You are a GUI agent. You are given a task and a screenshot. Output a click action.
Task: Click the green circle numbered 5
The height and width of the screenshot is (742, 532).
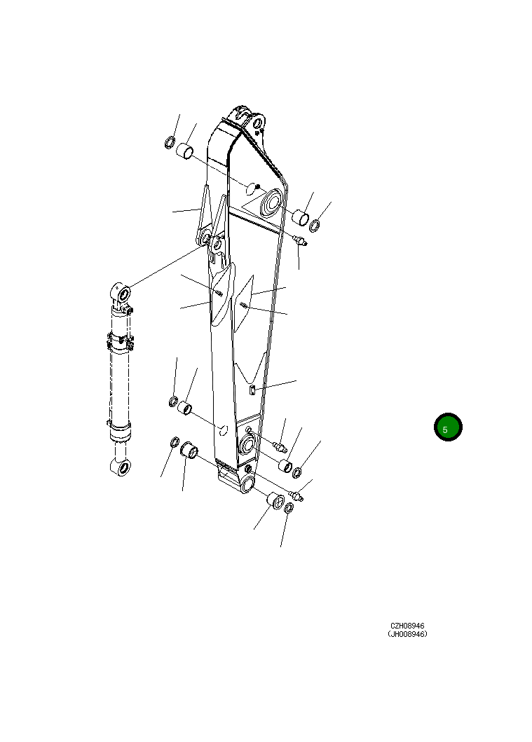click(x=448, y=427)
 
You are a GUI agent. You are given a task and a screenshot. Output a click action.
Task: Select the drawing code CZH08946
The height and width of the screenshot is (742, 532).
click(x=407, y=626)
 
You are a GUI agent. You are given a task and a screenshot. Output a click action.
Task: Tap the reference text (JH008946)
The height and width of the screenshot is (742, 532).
click(x=407, y=634)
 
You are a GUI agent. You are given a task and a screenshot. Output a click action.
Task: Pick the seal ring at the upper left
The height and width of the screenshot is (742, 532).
click(x=170, y=143)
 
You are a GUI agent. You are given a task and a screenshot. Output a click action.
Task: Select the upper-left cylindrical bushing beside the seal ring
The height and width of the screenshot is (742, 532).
click(x=184, y=152)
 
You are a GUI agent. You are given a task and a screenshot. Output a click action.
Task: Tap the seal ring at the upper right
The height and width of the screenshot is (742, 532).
click(x=315, y=226)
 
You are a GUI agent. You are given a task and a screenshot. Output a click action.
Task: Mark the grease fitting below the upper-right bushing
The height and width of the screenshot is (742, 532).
click(x=300, y=241)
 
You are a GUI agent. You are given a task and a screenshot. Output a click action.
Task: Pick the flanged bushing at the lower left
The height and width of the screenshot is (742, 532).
click(x=189, y=450)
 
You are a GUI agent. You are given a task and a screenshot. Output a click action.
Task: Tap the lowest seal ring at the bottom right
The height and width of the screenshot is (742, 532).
click(x=289, y=508)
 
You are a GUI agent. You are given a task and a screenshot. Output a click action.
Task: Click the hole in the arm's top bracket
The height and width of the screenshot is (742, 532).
click(x=257, y=124)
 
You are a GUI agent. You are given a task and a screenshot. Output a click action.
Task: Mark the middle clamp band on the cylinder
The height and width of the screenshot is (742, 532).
click(x=120, y=343)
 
